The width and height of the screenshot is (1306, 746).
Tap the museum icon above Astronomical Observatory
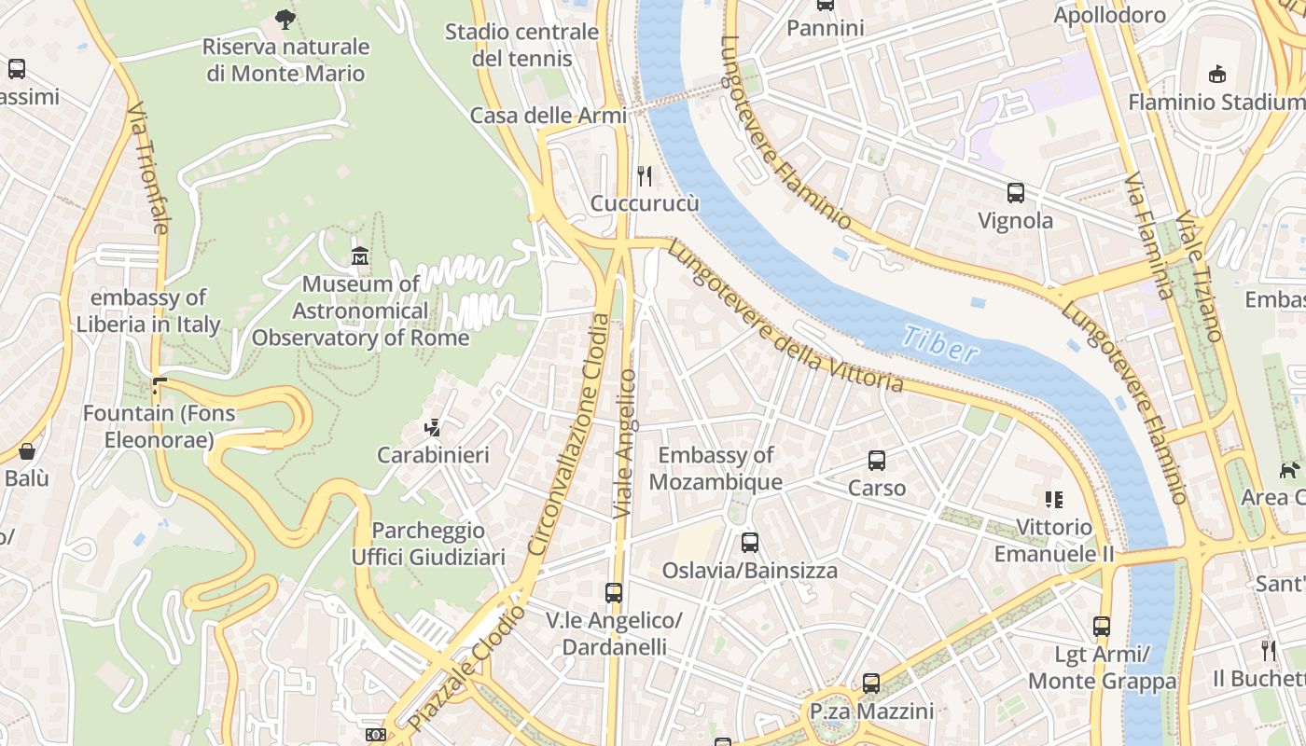[x=359, y=255]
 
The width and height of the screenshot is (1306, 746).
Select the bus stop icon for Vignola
[x=1016, y=193]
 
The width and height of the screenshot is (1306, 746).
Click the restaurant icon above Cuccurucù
[x=645, y=175]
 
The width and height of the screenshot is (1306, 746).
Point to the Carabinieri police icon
[x=432, y=428]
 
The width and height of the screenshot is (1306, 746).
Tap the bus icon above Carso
[x=877, y=460]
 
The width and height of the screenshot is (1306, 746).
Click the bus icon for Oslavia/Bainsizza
[x=750, y=542]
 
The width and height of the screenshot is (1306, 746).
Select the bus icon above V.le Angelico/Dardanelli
[x=613, y=592]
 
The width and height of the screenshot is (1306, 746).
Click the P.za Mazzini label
[x=870, y=711]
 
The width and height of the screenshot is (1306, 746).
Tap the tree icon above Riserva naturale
[x=285, y=19]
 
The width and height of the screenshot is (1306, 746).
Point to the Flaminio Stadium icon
[x=1216, y=74]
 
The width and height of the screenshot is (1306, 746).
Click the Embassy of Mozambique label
[x=716, y=468]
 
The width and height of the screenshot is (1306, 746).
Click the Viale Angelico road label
[x=624, y=444]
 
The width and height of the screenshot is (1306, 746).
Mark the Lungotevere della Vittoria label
[x=784, y=317]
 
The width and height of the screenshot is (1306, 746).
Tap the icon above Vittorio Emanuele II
[x=1054, y=500]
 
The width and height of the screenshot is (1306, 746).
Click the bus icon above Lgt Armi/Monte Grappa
[x=1102, y=626]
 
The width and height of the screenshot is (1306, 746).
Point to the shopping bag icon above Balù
[x=27, y=451]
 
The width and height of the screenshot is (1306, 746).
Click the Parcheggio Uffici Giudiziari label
[x=428, y=544]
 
